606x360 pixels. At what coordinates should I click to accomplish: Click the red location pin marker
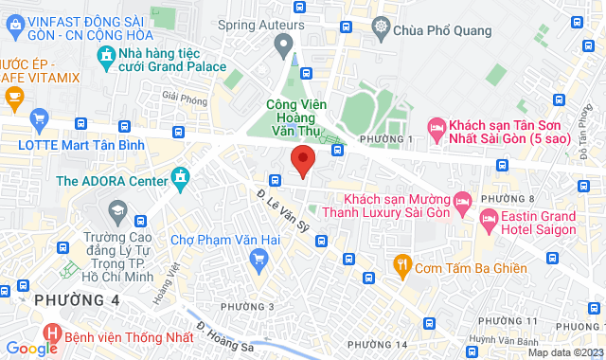(302, 161)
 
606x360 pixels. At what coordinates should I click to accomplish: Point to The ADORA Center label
(111, 180)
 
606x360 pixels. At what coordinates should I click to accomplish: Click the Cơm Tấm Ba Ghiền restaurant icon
(402, 267)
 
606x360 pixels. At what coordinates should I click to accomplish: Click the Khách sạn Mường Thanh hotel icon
(462, 200)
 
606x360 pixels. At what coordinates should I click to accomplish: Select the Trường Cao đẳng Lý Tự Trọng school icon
(118, 208)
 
